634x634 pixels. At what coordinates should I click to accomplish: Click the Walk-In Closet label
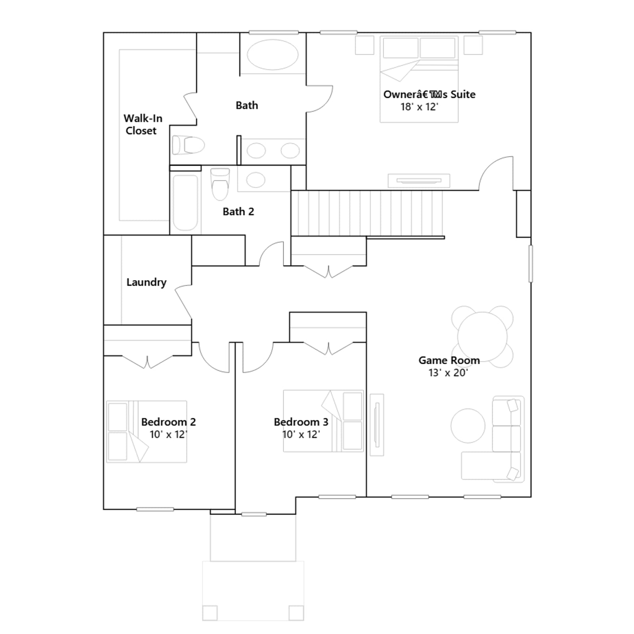(143, 124)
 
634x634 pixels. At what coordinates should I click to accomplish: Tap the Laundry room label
(146, 282)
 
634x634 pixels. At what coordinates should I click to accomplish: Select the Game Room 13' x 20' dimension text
(448, 373)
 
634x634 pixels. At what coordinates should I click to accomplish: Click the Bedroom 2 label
(168, 422)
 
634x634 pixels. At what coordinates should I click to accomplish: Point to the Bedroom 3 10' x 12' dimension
(301, 435)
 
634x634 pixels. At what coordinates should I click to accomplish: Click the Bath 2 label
(238, 212)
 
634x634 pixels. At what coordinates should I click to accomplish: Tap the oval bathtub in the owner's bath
(273, 54)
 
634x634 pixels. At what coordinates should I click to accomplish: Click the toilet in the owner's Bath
(188, 145)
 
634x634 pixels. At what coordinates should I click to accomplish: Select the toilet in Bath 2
(220, 184)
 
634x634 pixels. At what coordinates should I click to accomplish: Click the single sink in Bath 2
(256, 180)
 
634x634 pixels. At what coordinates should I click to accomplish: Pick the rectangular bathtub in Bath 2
(185, 202)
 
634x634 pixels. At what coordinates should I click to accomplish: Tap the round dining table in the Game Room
(482, 336)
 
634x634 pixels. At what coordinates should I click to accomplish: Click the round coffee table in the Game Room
(468, 426)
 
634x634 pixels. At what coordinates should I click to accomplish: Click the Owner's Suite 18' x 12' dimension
(419, 107)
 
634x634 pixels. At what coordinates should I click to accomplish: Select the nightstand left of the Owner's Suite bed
(365, 45)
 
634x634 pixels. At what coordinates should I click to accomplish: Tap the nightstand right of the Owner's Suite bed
(473, 45)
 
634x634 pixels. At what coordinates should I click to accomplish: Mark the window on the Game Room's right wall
(531, 264)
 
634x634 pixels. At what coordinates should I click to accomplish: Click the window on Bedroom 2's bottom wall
(155, 509)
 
